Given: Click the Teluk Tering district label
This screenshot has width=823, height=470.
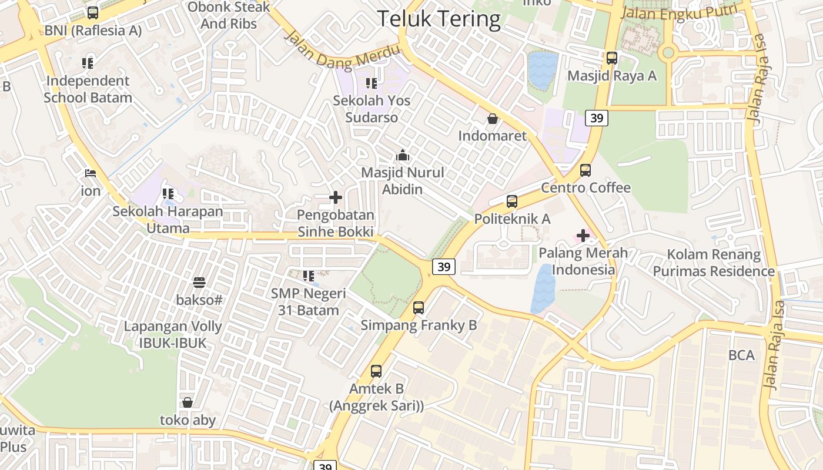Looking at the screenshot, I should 439,19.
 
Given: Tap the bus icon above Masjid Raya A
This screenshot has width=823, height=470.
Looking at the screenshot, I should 612,58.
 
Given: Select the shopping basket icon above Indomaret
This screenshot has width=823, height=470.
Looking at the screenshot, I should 493,119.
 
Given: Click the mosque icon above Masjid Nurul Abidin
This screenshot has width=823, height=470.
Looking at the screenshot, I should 403,156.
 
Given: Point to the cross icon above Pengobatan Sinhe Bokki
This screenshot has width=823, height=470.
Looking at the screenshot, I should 336,197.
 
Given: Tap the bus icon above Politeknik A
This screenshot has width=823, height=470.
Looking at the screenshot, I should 512,202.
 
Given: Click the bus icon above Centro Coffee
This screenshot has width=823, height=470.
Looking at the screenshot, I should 586,170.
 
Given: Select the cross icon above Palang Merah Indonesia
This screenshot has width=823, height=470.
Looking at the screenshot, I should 583,236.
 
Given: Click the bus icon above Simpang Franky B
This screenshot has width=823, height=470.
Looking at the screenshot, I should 419,307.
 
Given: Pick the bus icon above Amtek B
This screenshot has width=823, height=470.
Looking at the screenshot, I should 376,371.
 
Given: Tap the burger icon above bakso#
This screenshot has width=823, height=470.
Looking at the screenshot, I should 199,283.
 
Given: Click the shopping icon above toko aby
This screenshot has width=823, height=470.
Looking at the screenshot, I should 188,402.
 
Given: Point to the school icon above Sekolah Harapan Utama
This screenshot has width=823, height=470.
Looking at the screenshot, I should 168,193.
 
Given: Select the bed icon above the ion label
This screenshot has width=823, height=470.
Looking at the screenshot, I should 91,173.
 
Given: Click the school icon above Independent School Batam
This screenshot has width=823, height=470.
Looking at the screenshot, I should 88,63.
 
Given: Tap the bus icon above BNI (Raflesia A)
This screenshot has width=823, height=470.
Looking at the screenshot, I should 93,12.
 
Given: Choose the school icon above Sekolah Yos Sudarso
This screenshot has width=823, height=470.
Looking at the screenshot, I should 371,83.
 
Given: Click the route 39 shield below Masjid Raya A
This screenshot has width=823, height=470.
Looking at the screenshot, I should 596,118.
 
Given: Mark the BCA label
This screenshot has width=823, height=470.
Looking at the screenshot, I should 741,355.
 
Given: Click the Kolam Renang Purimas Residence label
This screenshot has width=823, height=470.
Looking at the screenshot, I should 714,263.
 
